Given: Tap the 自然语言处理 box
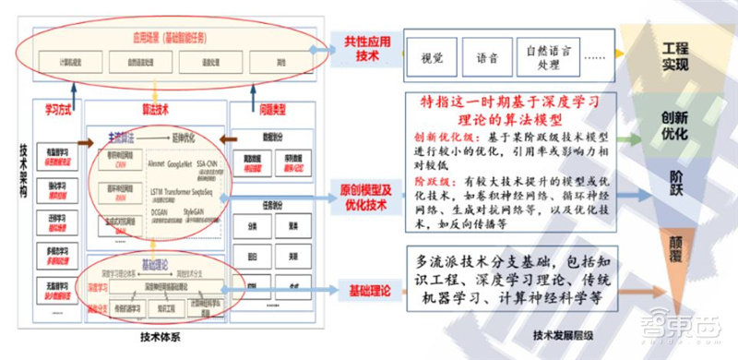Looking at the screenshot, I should coord(549,56).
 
